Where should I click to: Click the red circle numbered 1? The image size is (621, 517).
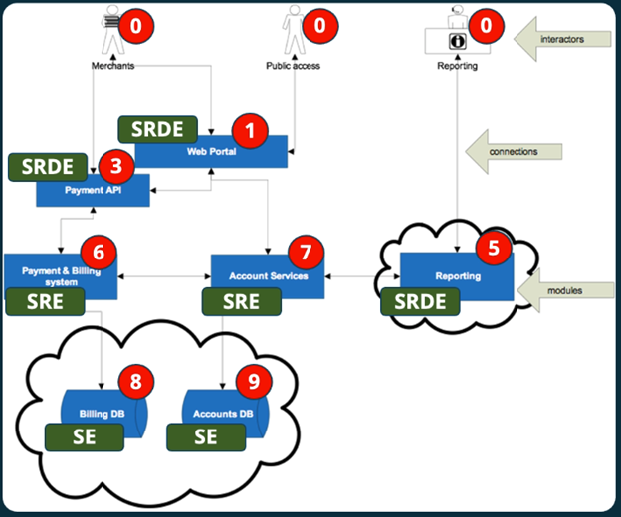250,128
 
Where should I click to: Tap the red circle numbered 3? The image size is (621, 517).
115,166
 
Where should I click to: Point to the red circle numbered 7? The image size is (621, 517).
306,252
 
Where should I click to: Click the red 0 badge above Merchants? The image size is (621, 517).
134,23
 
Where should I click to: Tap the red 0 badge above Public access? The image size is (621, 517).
319,23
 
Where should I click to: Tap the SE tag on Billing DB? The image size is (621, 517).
85,434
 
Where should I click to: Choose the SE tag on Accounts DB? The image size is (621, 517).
206,434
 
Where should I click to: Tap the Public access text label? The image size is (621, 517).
293,66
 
